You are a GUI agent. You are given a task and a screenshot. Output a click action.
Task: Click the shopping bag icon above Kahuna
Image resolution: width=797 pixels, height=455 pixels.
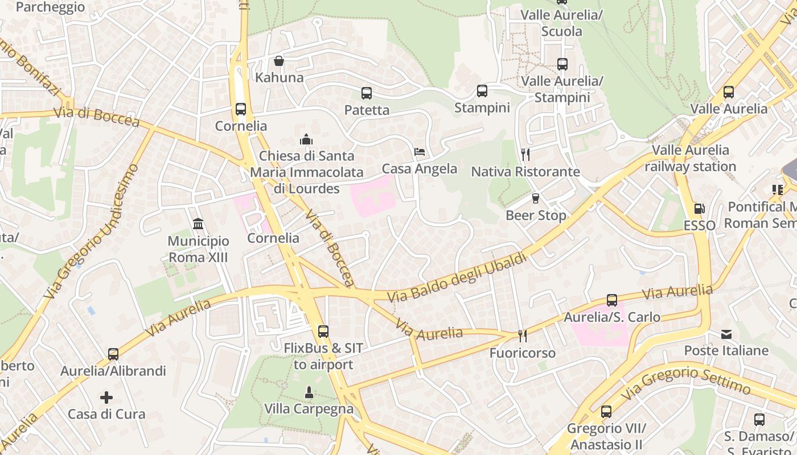click(x=279, y=61)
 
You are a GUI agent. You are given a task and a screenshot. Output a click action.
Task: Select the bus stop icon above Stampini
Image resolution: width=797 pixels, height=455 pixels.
click(x=482, y=91)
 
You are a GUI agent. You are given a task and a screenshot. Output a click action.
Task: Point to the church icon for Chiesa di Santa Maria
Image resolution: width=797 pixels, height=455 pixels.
click(x=306, y=139)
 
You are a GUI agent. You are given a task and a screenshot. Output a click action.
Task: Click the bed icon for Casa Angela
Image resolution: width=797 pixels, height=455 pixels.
click(x=420, y=152)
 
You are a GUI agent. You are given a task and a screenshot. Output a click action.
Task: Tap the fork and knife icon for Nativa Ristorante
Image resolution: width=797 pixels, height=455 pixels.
click(x=525, y=155)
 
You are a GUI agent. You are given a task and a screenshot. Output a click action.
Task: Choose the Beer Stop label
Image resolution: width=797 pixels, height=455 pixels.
click(x=536, y=216)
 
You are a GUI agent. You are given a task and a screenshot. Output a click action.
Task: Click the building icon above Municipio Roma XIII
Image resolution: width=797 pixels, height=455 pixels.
click(x=198, y=224)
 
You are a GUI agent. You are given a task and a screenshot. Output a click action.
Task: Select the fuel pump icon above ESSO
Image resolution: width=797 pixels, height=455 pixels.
click(x=699, y=209)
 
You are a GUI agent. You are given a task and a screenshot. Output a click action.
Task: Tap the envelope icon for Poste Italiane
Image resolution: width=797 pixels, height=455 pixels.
click(x=726, y=334)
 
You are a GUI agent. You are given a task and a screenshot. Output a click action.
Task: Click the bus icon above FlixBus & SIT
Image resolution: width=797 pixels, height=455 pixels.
click(x=323, y=331)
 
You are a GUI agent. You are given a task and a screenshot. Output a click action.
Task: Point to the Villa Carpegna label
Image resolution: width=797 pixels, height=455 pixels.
click(x=309, y=409)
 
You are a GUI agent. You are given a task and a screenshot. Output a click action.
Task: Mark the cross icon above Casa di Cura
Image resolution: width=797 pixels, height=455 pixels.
click(x=106, y=397)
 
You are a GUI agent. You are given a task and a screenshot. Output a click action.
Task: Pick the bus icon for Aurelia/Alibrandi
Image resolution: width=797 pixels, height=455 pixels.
click(x=113, y=354)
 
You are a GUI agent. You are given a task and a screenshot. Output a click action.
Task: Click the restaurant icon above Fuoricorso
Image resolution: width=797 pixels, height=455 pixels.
click(x=522, y=336)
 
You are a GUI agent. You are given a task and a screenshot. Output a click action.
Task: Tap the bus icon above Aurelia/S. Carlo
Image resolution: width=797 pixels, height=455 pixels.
click(x=611, y=300)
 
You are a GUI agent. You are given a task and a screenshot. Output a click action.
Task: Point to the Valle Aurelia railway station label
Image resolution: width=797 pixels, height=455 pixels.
click(x=690, y=158)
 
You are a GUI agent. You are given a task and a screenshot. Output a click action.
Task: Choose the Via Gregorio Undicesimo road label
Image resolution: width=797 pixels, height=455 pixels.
click(x=91, y=232)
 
